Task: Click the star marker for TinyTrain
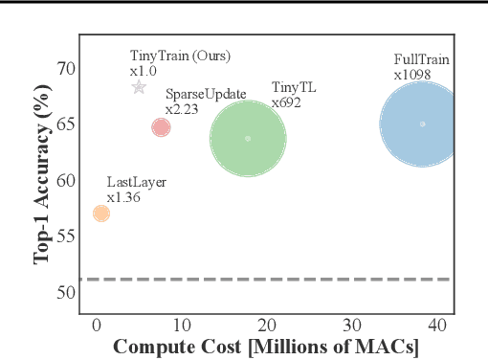pyautogui.click(x=139, y=87)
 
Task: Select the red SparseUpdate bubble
pyautogui.click(x=161, y=127)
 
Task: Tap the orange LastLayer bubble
pyautogui.click(x=100, y=213)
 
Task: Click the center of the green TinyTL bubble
pyautogui.click(x=248, y=138)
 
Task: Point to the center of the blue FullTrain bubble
pyautogui.click(x=422, y=124)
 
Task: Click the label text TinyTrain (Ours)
pyautogui.click(x=180, y=56)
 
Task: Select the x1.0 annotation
pyautogui.click(x=144, y=71)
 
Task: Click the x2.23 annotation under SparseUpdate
pyautogui.click(x=181, y=109)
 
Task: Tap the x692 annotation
pyautogui.click(x=286, y=101)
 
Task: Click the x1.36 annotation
pyautogui.click(x=123, y=197)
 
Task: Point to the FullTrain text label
pyautogui.click(x=421, y=59)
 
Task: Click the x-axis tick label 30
pyautogui.click(x=353, y=326)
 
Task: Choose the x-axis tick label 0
pyautogui.click(x=96, y=326)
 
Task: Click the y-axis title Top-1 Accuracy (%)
pyautogui.click(x=42, y=180)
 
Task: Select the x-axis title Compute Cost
pyautogui.click(x=266, y=347)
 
